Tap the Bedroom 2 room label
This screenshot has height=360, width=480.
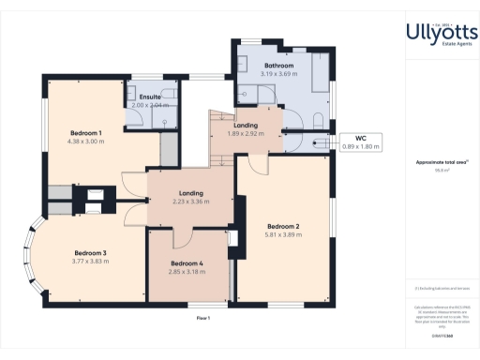click(283, 227)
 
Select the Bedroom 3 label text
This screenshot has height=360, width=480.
click(91, 253)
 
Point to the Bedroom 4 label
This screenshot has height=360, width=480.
click(186, 262)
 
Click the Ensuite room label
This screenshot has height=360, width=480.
click(150, 97)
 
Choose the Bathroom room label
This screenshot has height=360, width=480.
click(278, 66)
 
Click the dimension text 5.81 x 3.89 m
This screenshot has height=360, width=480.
click(283, 235)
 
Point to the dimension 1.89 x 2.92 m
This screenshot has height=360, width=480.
click(247, 134)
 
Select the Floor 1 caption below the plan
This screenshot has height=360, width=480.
click(202, 320)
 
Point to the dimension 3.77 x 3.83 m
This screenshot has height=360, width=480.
click(91, 262)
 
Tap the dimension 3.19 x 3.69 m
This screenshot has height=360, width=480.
click(278, 74)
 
